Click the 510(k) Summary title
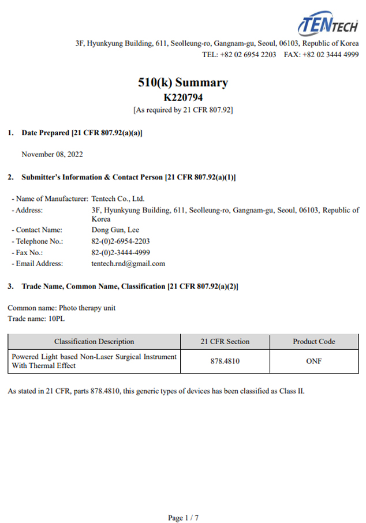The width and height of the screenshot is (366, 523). [x=183, y=83]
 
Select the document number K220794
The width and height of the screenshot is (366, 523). [x=183, y=98]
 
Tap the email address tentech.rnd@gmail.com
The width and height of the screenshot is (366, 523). [x=128, y=263]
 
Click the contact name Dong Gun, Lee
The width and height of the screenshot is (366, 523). [x=115, y=230]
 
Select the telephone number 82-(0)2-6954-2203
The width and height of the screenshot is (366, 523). [x=121, y=241]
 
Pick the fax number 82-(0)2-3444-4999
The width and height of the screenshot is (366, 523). [x=121, y=252]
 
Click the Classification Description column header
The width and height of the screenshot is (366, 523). [x=94, y=341]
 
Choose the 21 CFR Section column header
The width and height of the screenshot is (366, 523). [x=225, y=341]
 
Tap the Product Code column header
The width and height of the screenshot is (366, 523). [x=313, y=341]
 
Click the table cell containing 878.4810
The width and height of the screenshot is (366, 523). [x=225, y=361]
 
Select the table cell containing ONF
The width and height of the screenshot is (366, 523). [x=313, y=361]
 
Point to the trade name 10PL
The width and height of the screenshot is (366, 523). [x=56, y=319]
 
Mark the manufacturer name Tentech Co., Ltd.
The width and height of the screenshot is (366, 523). [x=114, y=198]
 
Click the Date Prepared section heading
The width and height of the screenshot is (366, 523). [x=81, y=133]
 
